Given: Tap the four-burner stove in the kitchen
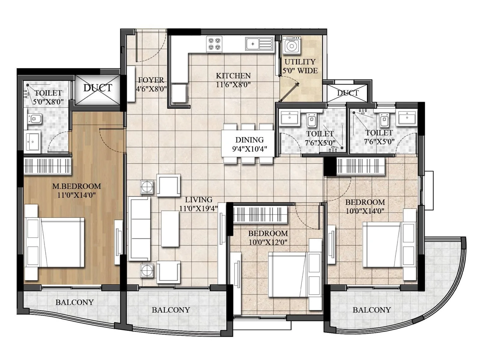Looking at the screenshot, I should [214, 44].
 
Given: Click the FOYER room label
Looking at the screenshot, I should [151, 80].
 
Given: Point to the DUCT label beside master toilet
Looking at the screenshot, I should [97, 88].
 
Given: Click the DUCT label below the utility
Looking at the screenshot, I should [347, 93].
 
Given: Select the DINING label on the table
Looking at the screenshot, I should [249, 140].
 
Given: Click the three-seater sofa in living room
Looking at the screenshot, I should [139, 229].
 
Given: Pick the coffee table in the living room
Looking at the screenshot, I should [170, 229].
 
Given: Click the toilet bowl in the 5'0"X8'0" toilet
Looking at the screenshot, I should [35, 119].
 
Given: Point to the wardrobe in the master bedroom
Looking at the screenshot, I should [47, 166].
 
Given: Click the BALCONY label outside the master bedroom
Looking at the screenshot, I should [74, 302].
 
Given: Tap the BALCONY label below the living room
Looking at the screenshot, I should [171, 310].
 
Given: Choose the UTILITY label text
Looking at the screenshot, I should [300, 62].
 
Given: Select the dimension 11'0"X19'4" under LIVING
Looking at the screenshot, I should [198, 208].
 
